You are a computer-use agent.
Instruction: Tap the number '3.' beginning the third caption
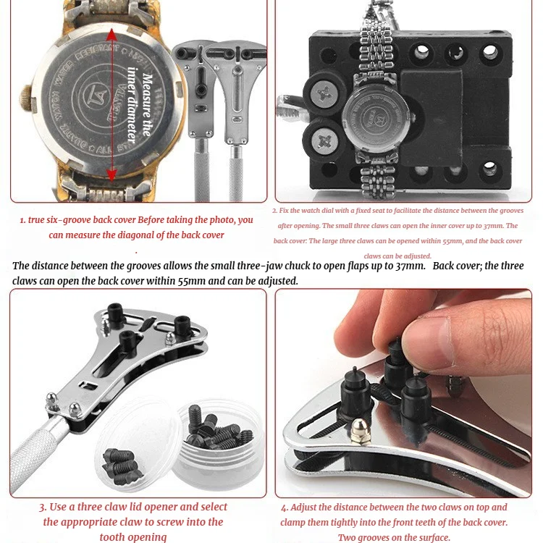tap(43, 507)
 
